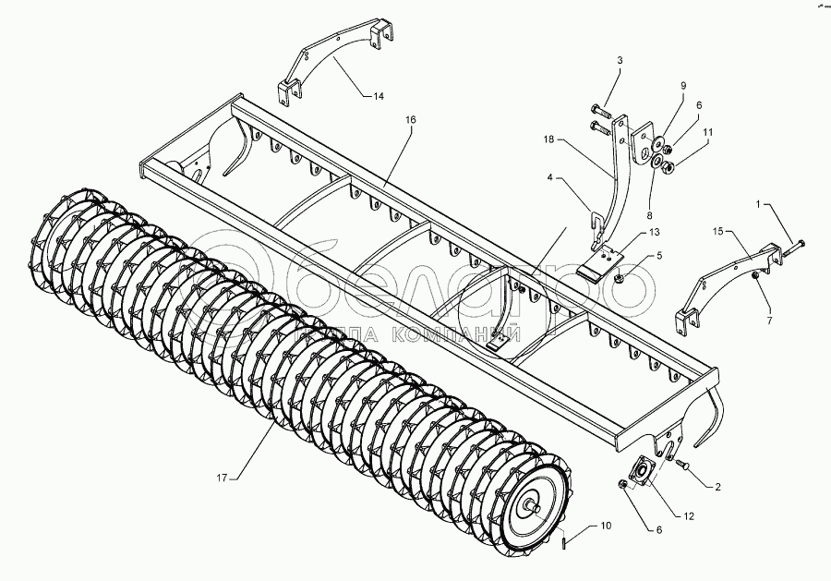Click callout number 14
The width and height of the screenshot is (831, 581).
(379, 96)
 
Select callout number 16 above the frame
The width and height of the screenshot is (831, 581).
(410, 120)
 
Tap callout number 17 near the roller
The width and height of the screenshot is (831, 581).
(222, 478)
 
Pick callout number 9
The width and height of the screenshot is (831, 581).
(683, 86)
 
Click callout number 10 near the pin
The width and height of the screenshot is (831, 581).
(606, 527)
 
